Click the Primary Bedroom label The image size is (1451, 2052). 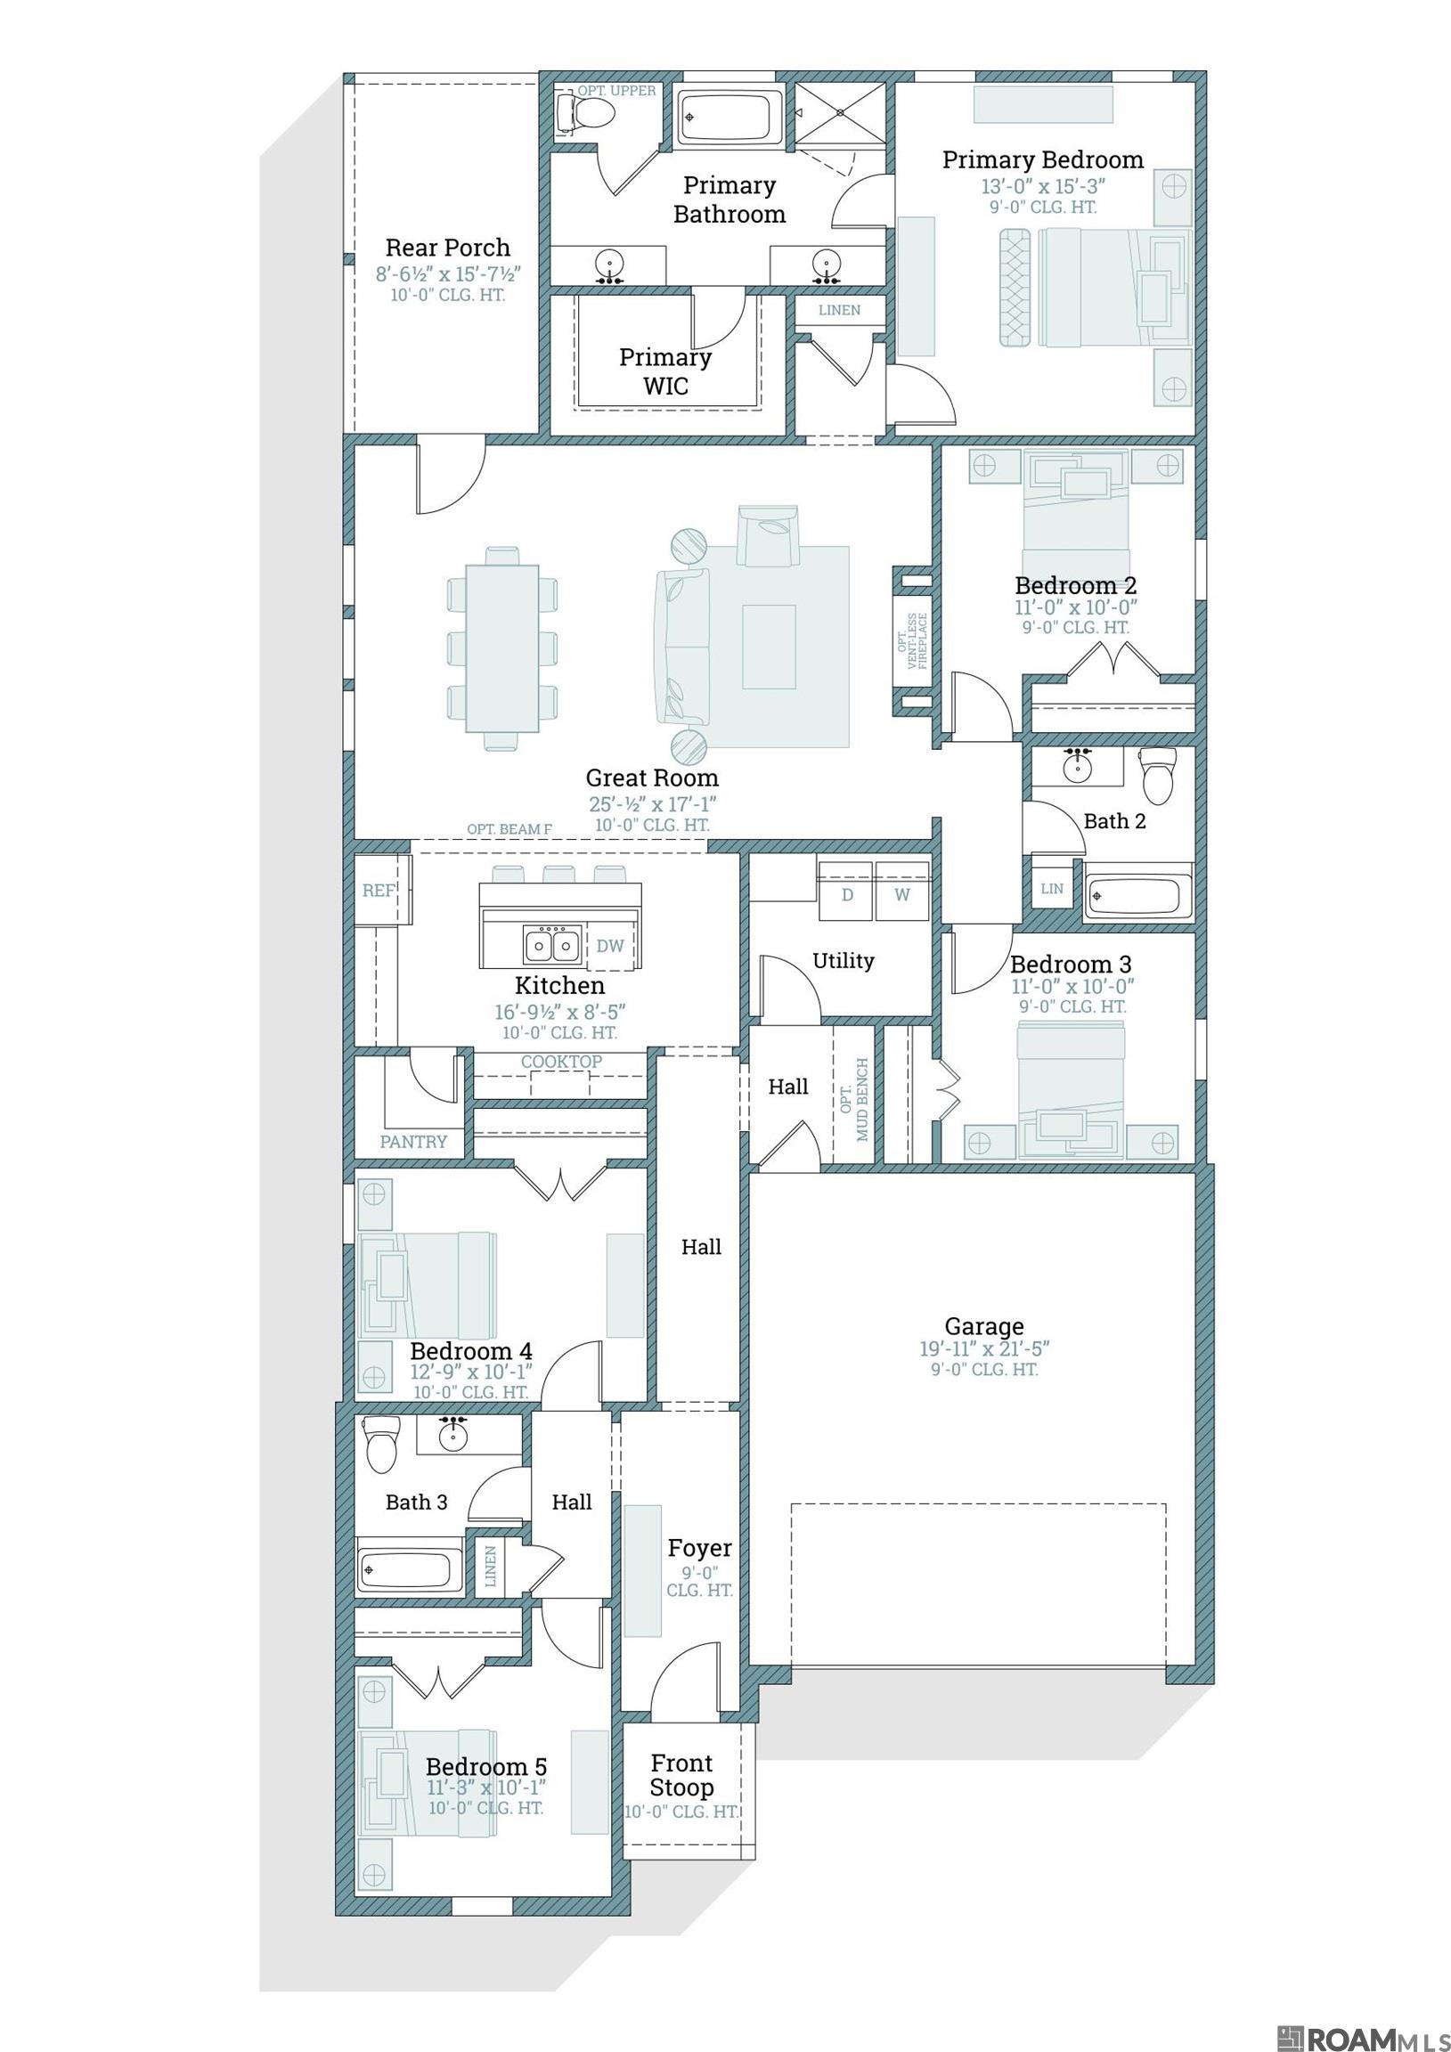[1042, 160]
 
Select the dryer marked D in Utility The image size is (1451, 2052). [845, 891]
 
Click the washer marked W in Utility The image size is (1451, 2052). [903, 891]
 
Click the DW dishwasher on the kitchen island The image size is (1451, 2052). [610, 946]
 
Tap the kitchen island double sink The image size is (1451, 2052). [550, 944]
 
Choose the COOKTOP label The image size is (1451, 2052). [561, 1062]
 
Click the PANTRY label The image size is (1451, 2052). [413, 1141]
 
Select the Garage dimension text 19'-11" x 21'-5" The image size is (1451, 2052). [983, 1348]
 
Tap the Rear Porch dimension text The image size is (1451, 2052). [447, 273]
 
